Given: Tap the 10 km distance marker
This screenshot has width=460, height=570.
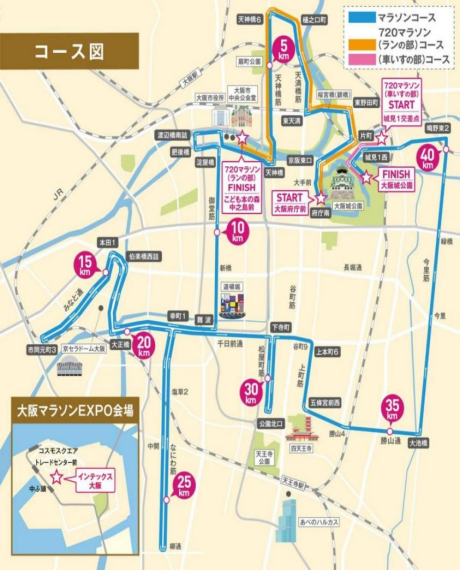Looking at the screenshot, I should pyautogui.click(x=237, y=234).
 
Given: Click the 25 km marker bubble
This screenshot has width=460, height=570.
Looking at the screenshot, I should pyautogui.click(x=183, y=487).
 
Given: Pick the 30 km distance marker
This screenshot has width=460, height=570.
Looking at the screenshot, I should pyautogui.click(x=250, y=391).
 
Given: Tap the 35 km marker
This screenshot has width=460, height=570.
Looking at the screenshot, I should pyautogui.click(x=393, y=408).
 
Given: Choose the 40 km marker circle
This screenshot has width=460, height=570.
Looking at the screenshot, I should pyautogui.click(x=428, y=157).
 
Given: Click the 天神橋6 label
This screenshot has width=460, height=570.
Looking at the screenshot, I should pyautogui.click(x=250, y=19).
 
